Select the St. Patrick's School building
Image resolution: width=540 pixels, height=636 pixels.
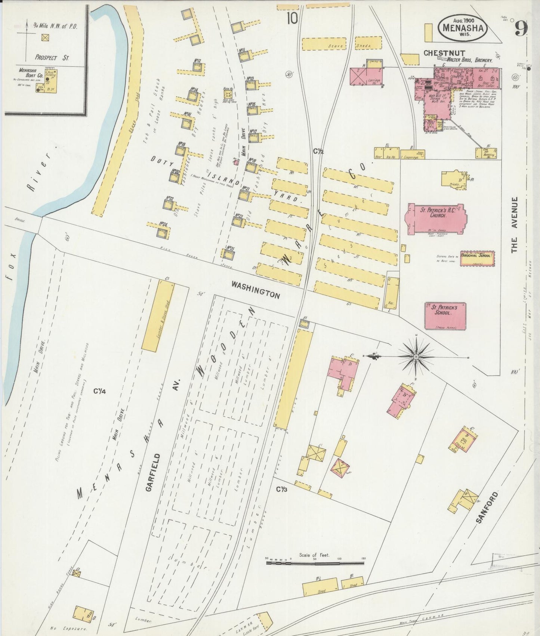[x=445, y=316]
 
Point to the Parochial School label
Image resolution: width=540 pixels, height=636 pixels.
[x=477, y=256]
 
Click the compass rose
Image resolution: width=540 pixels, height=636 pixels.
[x=416, y=357]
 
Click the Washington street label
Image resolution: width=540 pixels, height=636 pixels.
[x=255, y=290]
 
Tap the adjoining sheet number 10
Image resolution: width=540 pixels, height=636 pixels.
[x=292, y=18]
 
